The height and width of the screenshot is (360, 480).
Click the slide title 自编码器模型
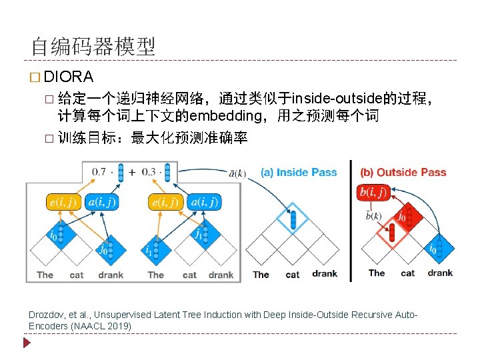click(x=93, y=46)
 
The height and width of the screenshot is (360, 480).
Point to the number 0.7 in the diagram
click(x=98, y=171)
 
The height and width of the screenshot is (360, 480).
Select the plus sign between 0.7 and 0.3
click(x=131, y=171)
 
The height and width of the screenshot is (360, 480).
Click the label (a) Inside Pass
click(x=298, y=172)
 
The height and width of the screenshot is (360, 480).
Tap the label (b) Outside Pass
click(x=403, y=172)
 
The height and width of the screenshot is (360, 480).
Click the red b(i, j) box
click(x=373, y=193)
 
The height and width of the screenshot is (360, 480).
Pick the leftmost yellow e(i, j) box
click(x=63, y=201)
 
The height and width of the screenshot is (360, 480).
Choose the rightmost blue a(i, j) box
click(x=205, y=201)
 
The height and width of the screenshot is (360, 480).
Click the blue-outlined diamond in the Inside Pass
click(x=293, y=219)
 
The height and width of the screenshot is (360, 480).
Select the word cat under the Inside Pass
click(x=293, y=274)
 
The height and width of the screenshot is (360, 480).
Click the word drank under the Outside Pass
click(x=440, y=273)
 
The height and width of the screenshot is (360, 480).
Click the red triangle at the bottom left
click(x=27, y=344)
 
